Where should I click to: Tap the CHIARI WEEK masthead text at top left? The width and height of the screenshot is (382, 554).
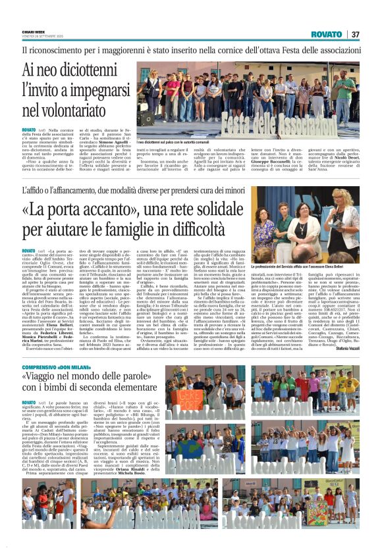tap(31, 32)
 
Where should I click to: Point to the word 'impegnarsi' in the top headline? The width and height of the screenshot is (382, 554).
tap(93, 91)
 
